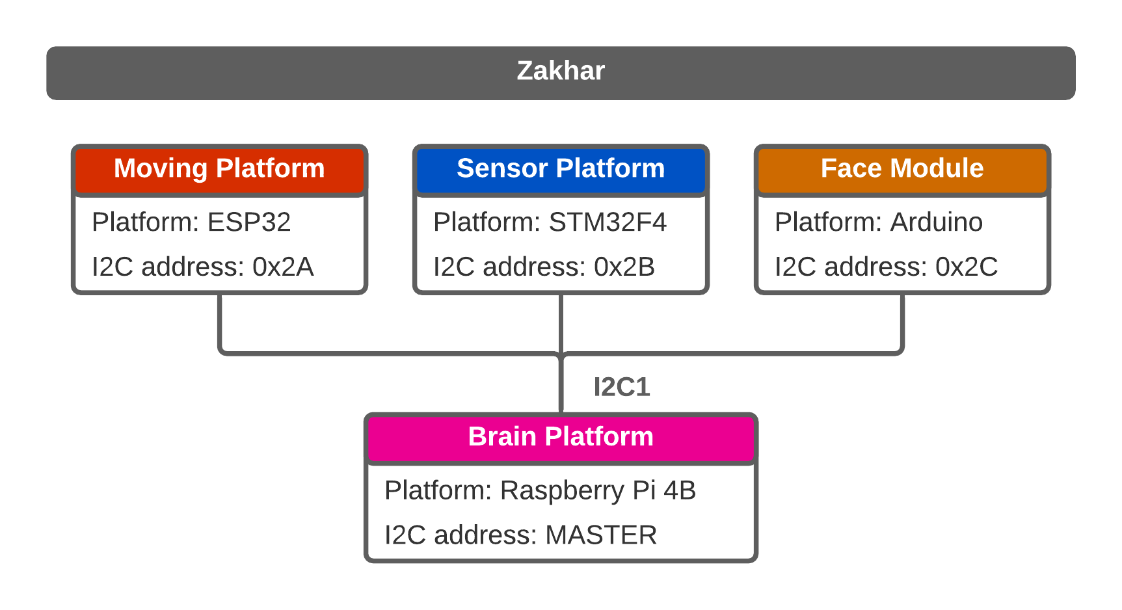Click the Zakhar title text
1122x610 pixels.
click(x=561, y=71)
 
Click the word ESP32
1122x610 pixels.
click(x=249, y=222)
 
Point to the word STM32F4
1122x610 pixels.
click(x=608, y=222)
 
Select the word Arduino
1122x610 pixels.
click(x=936, y=222)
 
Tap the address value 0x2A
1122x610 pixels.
click(x=283, y=267)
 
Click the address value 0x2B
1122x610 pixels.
click(x=624, y=267)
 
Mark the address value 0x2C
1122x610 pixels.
click(x=967, y=267)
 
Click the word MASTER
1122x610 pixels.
click(x=601, y=535)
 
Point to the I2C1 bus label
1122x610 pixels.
click(x=621, y=387)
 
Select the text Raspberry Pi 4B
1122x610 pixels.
click(x=598, y=491)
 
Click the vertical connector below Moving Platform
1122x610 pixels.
click(x=220, y=323)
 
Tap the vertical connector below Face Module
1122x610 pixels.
click(x=902, y=323)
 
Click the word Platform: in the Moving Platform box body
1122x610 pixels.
click(x=144, y=222)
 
